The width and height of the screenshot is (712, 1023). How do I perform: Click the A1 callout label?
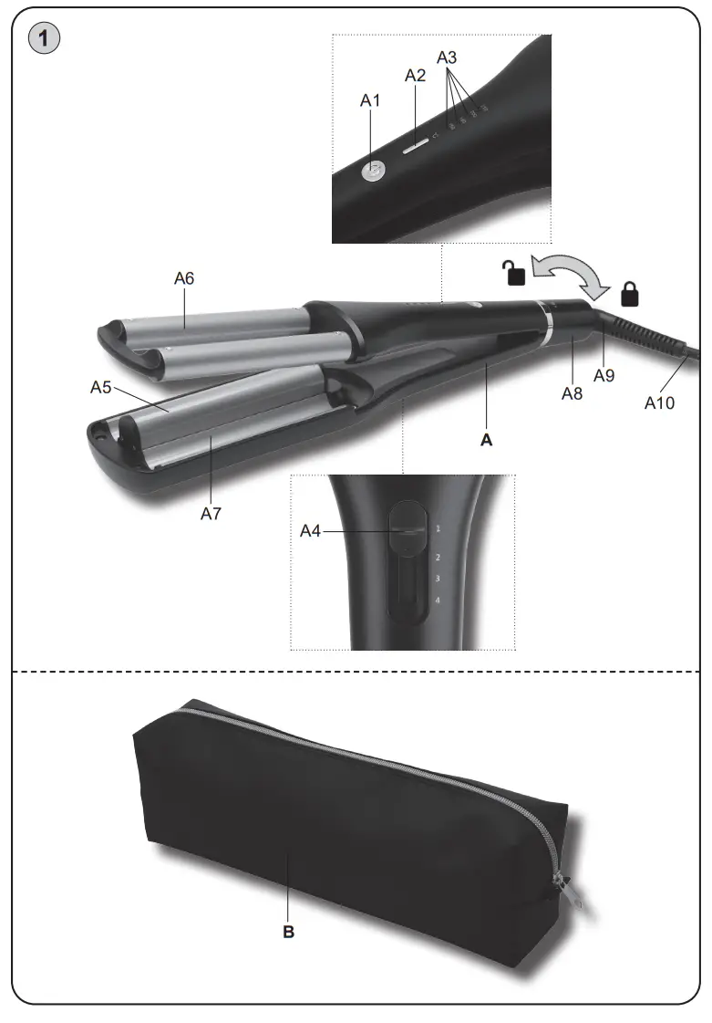tap(369, 101)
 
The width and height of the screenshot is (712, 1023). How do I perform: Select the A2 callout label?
tap(415, 76)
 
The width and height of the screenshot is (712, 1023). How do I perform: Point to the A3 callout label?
tap(447, 57)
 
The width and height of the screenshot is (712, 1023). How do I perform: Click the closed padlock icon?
tap(629, 294)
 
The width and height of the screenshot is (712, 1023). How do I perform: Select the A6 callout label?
tap(184, 278)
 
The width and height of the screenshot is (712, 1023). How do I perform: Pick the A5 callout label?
tap(100, 387)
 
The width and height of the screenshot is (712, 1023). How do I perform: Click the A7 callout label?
tap(212, 514)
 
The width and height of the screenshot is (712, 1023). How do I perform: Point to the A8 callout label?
tap(572, 393)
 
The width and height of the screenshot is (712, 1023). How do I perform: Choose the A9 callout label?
tap(604, 374)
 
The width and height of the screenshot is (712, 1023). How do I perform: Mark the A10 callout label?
tap(659, 402)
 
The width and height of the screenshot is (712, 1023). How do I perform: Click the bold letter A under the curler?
tap(486, 440)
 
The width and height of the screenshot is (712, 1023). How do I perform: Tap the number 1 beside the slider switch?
tap(438, 528)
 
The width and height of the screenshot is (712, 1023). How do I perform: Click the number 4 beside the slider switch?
tap(439, 600)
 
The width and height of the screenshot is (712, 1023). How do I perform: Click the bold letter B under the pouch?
tap(288, 934)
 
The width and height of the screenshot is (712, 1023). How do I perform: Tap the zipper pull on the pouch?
tap(568, 886)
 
